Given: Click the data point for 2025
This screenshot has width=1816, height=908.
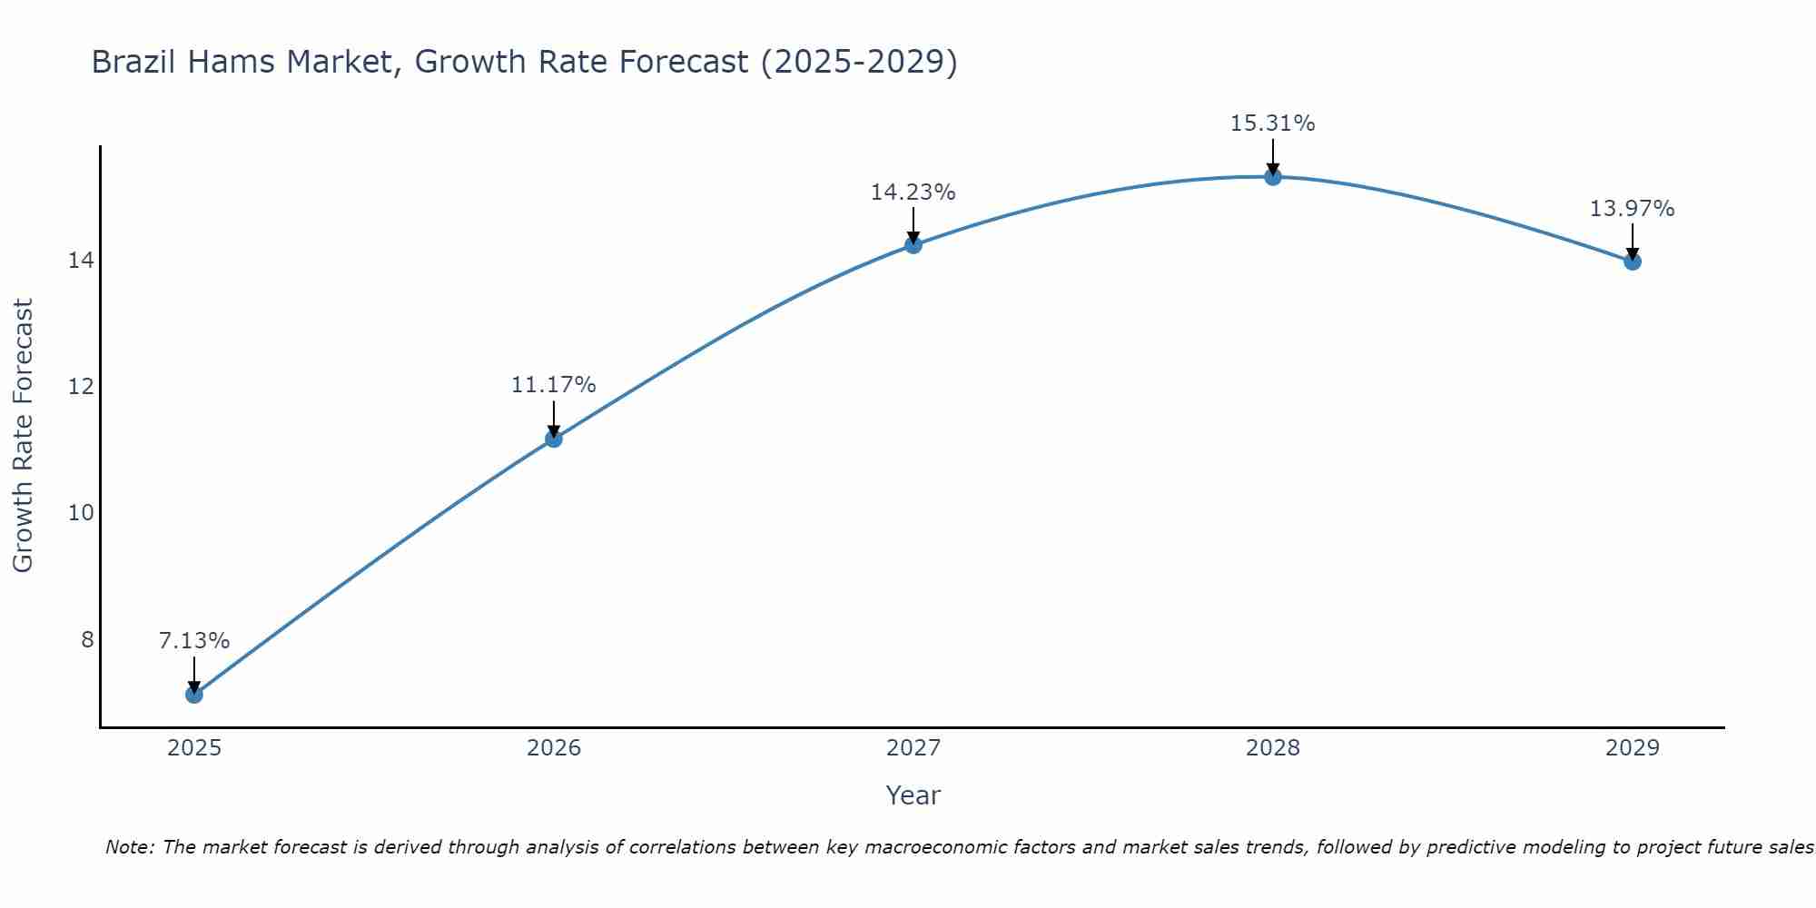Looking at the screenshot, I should pyautogui.click(x=194, y=695).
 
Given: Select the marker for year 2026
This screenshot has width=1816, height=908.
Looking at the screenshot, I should pyautogui.click(x=554, y=439).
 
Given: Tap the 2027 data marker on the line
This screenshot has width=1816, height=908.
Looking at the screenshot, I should pyautogui.click(x=913, y=244).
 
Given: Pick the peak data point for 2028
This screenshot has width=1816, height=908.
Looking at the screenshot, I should pyautogui.click(x=1273, y=176).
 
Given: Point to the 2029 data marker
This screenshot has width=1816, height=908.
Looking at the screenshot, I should pyautogui.click(x=1633, y=262).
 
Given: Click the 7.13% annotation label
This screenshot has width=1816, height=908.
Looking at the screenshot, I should pyautogui.click(x=194, y=641).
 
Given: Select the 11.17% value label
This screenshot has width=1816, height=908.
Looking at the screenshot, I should pyautogui.click(x=554, y=385).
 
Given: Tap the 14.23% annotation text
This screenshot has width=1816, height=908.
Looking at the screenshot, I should pyautogui.click(x=913, y=192).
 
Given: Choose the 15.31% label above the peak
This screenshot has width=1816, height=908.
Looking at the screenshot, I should pyautogui.click(x=1273, y=123).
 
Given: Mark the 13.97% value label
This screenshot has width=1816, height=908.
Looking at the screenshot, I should pyautogui.click(x=1633, y=209).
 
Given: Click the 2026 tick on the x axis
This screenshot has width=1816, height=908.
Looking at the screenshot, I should pyautogui.click(x=554, y=748).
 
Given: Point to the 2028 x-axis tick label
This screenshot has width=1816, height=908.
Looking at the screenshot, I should pyautogui.click(x=1273, y=748).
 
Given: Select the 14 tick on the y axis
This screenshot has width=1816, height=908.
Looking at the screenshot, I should pyautogui.click(x=81, y=261).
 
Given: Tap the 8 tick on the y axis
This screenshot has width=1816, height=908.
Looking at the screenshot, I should pyautogui.click(x=87, y=640).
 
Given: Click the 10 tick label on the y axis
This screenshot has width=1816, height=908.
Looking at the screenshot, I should pyautogui.click(x=81, y=513).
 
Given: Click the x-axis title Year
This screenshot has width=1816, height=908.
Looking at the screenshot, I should pyautogui.click(x=913, y=795).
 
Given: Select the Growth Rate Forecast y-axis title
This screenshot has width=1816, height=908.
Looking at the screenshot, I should pyautogui.click(x=24, y=436).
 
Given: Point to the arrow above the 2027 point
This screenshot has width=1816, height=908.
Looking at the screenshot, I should pyautogui.click(x=913, y=225).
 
